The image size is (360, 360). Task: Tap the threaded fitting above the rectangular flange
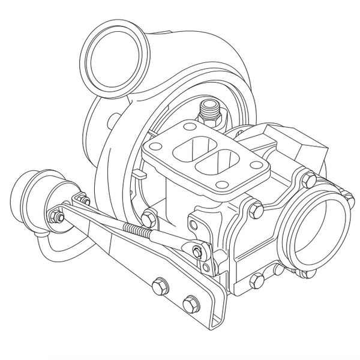tap(209, 109)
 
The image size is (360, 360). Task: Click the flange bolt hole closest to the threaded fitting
tap(190, 127)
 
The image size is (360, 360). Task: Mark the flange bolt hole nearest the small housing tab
tap(155, 146)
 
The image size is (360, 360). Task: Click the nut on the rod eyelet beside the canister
tap(58, 217)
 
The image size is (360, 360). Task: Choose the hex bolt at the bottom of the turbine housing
tap(257, 280)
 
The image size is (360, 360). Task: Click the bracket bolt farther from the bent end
tap(159, 286)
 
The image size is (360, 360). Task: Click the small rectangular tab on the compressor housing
tap(139, 175)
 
